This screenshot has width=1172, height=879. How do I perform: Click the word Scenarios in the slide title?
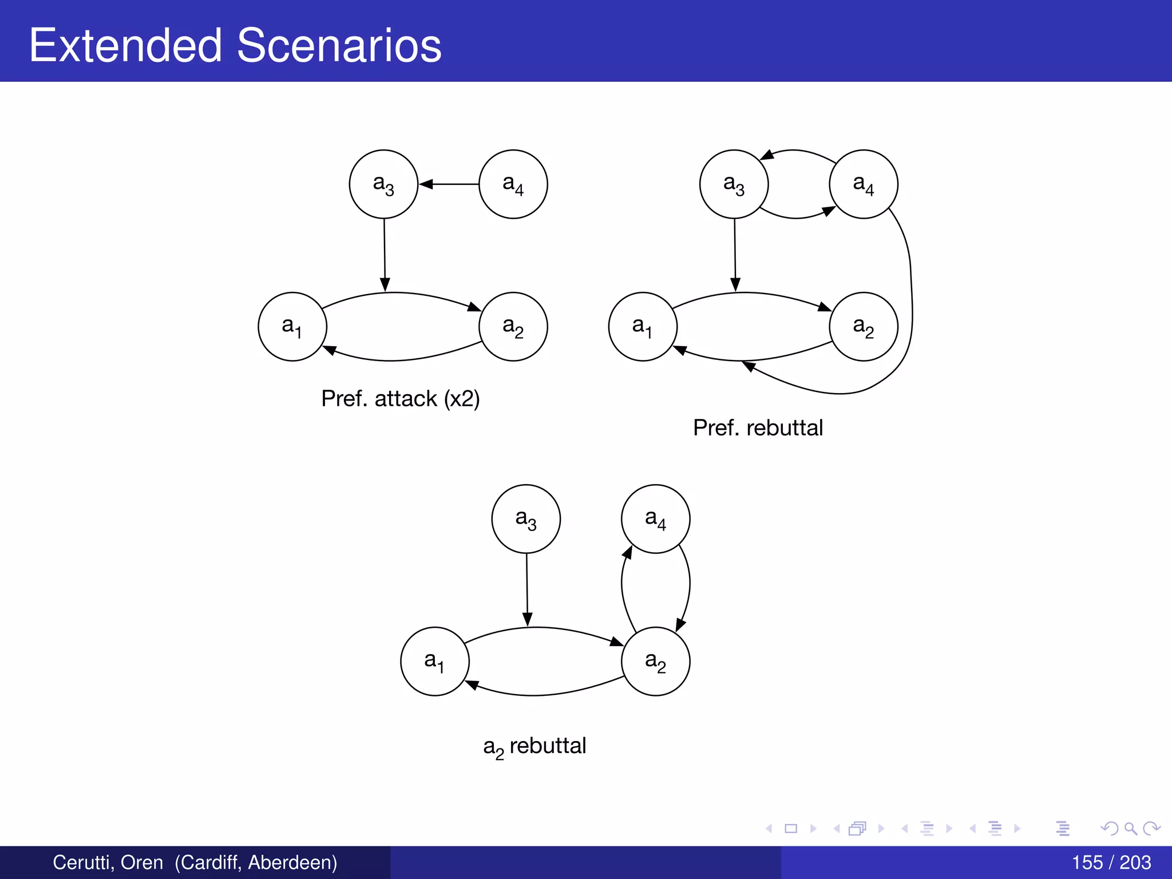(339, 46)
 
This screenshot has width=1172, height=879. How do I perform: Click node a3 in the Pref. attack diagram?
(383, 184)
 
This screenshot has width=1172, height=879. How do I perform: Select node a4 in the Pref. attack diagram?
(513, 184)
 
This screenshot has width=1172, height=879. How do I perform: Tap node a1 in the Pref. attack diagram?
(292, 327)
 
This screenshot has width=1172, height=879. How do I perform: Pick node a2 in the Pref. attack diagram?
(513, 327)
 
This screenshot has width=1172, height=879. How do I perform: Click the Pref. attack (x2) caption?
(401, 398)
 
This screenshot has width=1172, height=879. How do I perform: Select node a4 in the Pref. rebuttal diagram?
(863, 184)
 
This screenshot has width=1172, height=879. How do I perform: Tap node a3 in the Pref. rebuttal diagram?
(734, 184)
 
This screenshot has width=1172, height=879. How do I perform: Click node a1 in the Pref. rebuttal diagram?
(643, 327)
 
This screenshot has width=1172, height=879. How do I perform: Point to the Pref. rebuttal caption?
(758, 428)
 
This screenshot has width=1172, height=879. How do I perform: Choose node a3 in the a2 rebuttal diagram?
(526, 519)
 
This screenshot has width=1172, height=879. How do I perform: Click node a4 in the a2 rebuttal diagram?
(655, 519)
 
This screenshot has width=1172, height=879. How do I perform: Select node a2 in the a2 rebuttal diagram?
(655, 662)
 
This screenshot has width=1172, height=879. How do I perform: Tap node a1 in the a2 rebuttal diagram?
(435, 662)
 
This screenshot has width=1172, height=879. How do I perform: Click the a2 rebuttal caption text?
(534, 746)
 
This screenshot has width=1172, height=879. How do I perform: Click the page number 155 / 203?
(1111, 862)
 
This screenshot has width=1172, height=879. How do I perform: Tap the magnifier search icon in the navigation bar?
(1130, 828)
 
